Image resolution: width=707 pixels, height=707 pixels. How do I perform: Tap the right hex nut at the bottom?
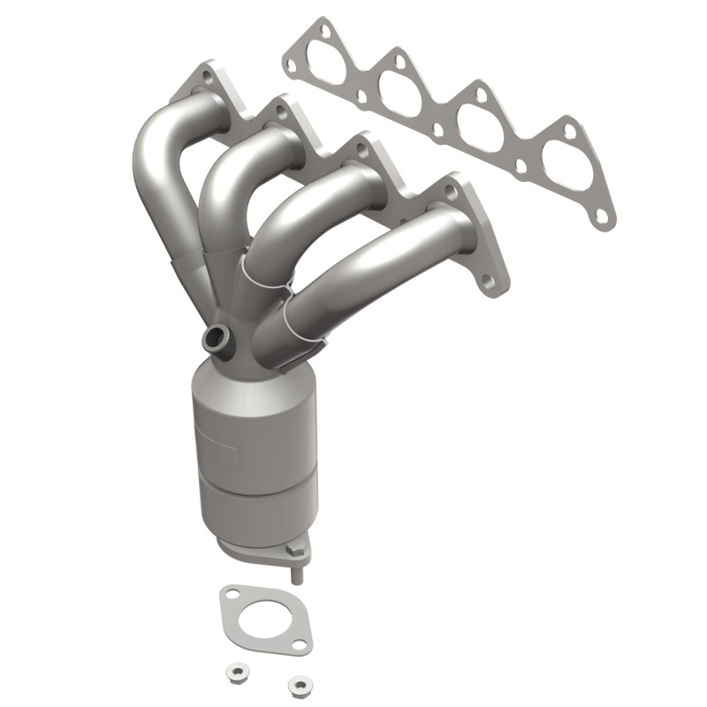tap(300, 683)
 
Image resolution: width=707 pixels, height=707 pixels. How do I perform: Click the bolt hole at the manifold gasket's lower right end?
tap(602, 215)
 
